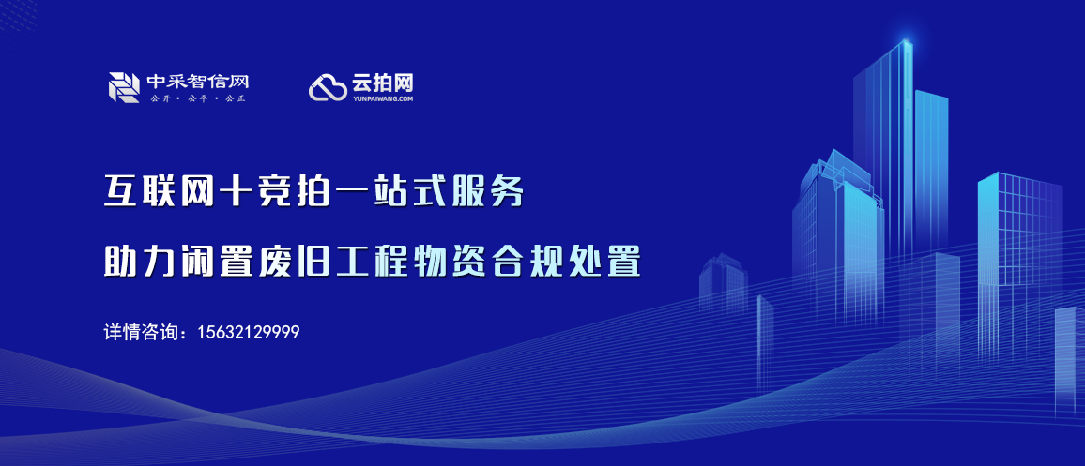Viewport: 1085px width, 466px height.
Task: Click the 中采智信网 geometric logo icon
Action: tap(124, 87)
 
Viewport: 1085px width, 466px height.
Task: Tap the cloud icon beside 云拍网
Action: tap(328, 87)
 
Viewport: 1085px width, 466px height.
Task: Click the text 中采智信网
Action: tap(197, 82)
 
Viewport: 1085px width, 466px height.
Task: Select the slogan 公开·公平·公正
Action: tap(197, 98)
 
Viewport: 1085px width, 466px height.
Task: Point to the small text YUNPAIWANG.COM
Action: tap(383, 98)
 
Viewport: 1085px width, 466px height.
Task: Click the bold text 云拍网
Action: tap(383, 83)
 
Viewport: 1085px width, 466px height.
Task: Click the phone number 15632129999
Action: tap(249, 333)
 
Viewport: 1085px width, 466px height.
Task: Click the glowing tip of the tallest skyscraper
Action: tap(907, 41)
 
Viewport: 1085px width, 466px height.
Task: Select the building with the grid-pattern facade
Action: tap(1019, 263)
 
